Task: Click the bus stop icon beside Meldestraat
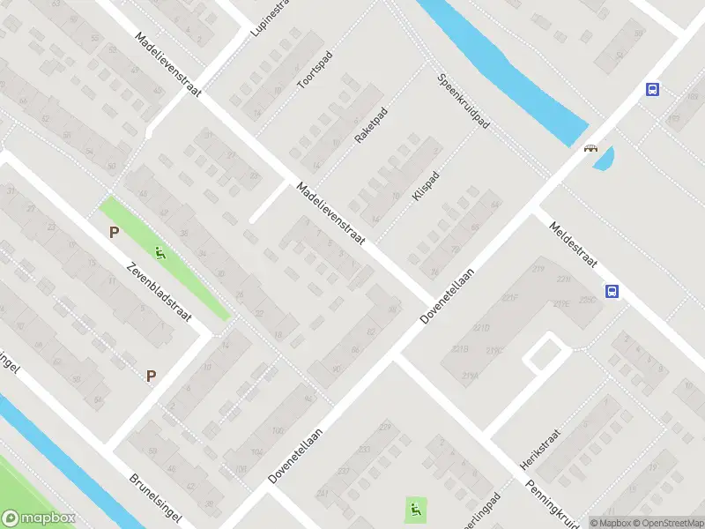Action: (x=611, y=291)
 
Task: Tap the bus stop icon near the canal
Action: (x=652, y=89)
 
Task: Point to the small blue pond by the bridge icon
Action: (x=605, y=159)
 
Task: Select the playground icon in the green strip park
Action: (x=160, y=255)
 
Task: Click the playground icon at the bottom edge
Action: (x=416, y=508)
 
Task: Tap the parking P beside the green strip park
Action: (x=114, y=233)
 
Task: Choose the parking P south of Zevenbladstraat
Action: (x=151, y=376)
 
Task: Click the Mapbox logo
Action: (x=38, y=518)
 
